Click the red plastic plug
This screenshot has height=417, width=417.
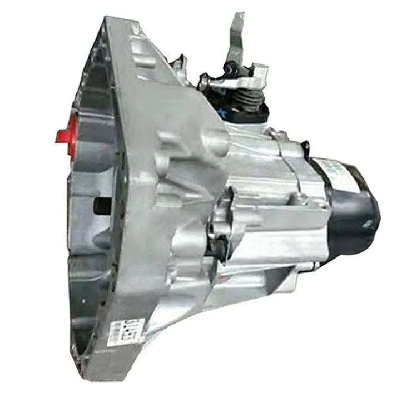[x=66, y=134]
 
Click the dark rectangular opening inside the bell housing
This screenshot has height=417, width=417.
[x=103, y=205]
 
